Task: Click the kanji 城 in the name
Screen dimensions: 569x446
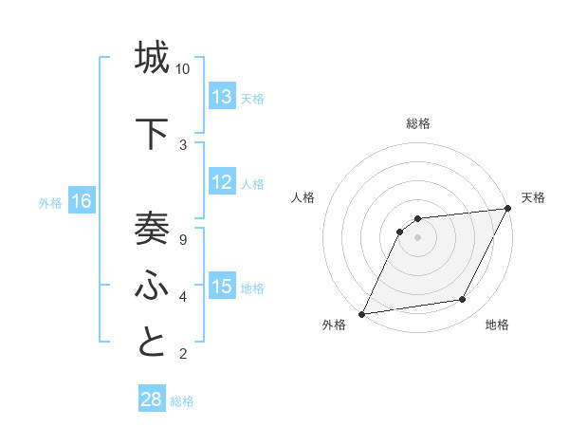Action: coord(152,57)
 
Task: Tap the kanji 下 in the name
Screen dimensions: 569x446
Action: coord(152,133)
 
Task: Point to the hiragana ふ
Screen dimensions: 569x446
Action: coord(152,284)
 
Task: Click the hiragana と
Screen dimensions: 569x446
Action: coord(152,342)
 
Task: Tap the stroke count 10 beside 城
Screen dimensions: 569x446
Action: coord(183,69)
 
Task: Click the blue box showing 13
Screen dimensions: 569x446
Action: coord(222,97)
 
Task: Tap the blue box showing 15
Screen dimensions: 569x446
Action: coord(222,287)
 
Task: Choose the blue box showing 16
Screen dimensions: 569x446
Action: coord(82,201)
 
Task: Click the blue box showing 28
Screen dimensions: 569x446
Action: coord(152,400)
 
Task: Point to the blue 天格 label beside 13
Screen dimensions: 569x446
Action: coord(252,99)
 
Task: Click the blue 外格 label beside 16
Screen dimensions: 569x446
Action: coord(50,203)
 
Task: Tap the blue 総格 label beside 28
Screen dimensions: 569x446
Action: coord(182,401)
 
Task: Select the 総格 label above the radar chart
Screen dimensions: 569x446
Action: coord(418,123)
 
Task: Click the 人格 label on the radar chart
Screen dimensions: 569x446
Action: coord(303,197)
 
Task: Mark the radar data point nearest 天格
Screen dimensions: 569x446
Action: coord(507,209)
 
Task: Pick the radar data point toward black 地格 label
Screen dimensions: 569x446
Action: coord(463,300)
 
